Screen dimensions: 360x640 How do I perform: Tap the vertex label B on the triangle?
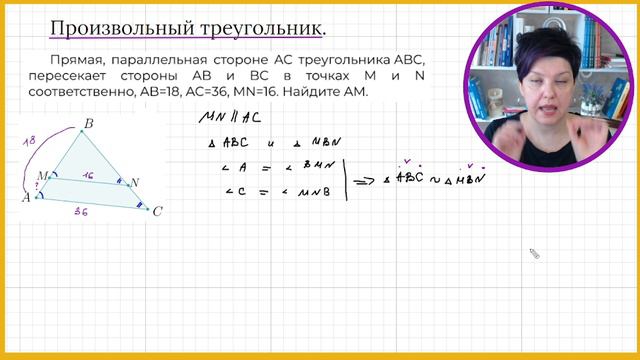click(88, 124)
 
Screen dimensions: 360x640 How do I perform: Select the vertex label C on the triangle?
click(156, 211)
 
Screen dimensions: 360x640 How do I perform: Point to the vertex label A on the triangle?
click(26, 197)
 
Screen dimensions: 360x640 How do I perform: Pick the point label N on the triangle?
click(136, 182)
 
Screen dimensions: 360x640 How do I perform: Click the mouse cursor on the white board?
click(534, 254)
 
